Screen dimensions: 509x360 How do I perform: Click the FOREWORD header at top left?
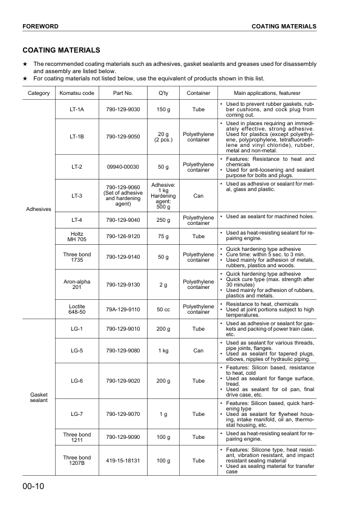[40, 27]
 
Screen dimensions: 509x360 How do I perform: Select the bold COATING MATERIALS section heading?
[61, 50]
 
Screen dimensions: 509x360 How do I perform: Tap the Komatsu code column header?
[77, 93]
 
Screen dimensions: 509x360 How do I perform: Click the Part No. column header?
[123, 93]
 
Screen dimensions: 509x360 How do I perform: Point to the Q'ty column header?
[162, 93]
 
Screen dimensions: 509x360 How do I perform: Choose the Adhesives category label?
[39, 209]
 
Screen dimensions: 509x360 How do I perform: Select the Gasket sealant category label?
[39, 397]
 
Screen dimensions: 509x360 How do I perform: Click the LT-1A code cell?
[77, 109]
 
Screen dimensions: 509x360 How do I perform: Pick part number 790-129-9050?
[123, 137]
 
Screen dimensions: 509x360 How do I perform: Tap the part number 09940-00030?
[123, 166]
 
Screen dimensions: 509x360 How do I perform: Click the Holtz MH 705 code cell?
[77, 236]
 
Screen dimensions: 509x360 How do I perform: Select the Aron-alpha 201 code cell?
[77, 284]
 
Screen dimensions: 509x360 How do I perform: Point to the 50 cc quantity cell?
[162, 309]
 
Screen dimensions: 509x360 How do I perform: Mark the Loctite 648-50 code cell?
[77, 309]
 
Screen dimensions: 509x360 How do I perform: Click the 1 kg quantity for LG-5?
[162, 350]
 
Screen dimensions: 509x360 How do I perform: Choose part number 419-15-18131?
[123, 460]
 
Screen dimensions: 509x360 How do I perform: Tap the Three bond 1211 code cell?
[77, 436]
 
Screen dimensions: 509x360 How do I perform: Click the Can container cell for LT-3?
[198, 195]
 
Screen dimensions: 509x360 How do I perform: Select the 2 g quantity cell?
[162, 284]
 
